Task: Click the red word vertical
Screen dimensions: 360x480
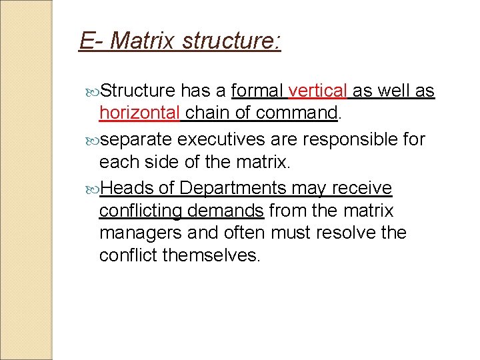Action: tap(318, 91)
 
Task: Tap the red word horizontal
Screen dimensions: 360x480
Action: tap(139, 113)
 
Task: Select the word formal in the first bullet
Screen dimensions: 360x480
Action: tap(258, 91)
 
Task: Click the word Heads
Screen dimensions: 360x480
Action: tap(127, 189)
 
